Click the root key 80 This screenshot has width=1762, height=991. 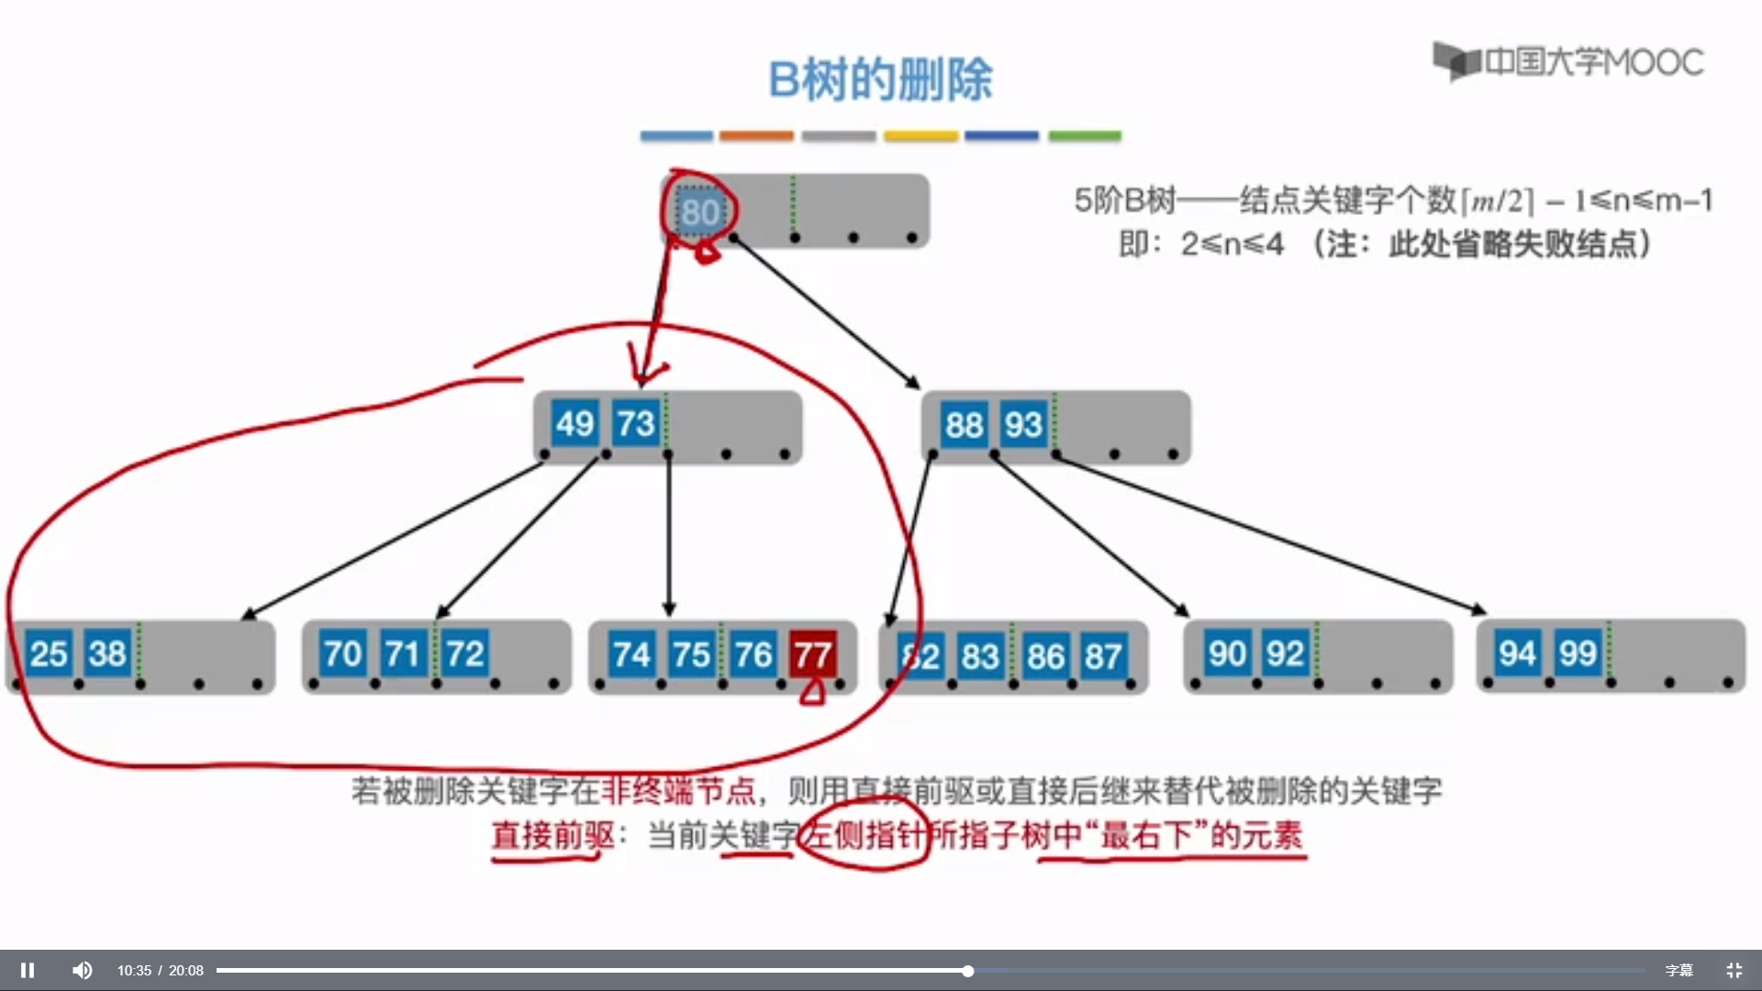click(699, 213)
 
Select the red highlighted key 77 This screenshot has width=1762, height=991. click(813, 654)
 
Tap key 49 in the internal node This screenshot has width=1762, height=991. click(574, 424)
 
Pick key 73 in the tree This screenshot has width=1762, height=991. click(635, 424)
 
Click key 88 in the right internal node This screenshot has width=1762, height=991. click(964, 425)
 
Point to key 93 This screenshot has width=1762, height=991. click(1023, 425)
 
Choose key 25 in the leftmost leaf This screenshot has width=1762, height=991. click(49, 654)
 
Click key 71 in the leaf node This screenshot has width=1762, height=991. click(403, 654)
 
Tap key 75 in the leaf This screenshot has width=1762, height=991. click(691, 654)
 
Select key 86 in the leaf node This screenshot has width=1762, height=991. click(1045, 656)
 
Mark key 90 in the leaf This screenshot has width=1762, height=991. click(1227, 653)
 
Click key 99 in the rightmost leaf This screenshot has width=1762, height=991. click(1578, 653)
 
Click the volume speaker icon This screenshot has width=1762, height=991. click(83, 970)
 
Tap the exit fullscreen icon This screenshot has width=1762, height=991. click(1734, 970)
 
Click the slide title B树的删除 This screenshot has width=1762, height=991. click(880, 80)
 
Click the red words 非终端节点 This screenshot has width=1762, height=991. click(677, 790)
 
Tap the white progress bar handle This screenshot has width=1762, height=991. click(967, 970)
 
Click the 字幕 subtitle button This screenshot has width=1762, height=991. click(1678, 970)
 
